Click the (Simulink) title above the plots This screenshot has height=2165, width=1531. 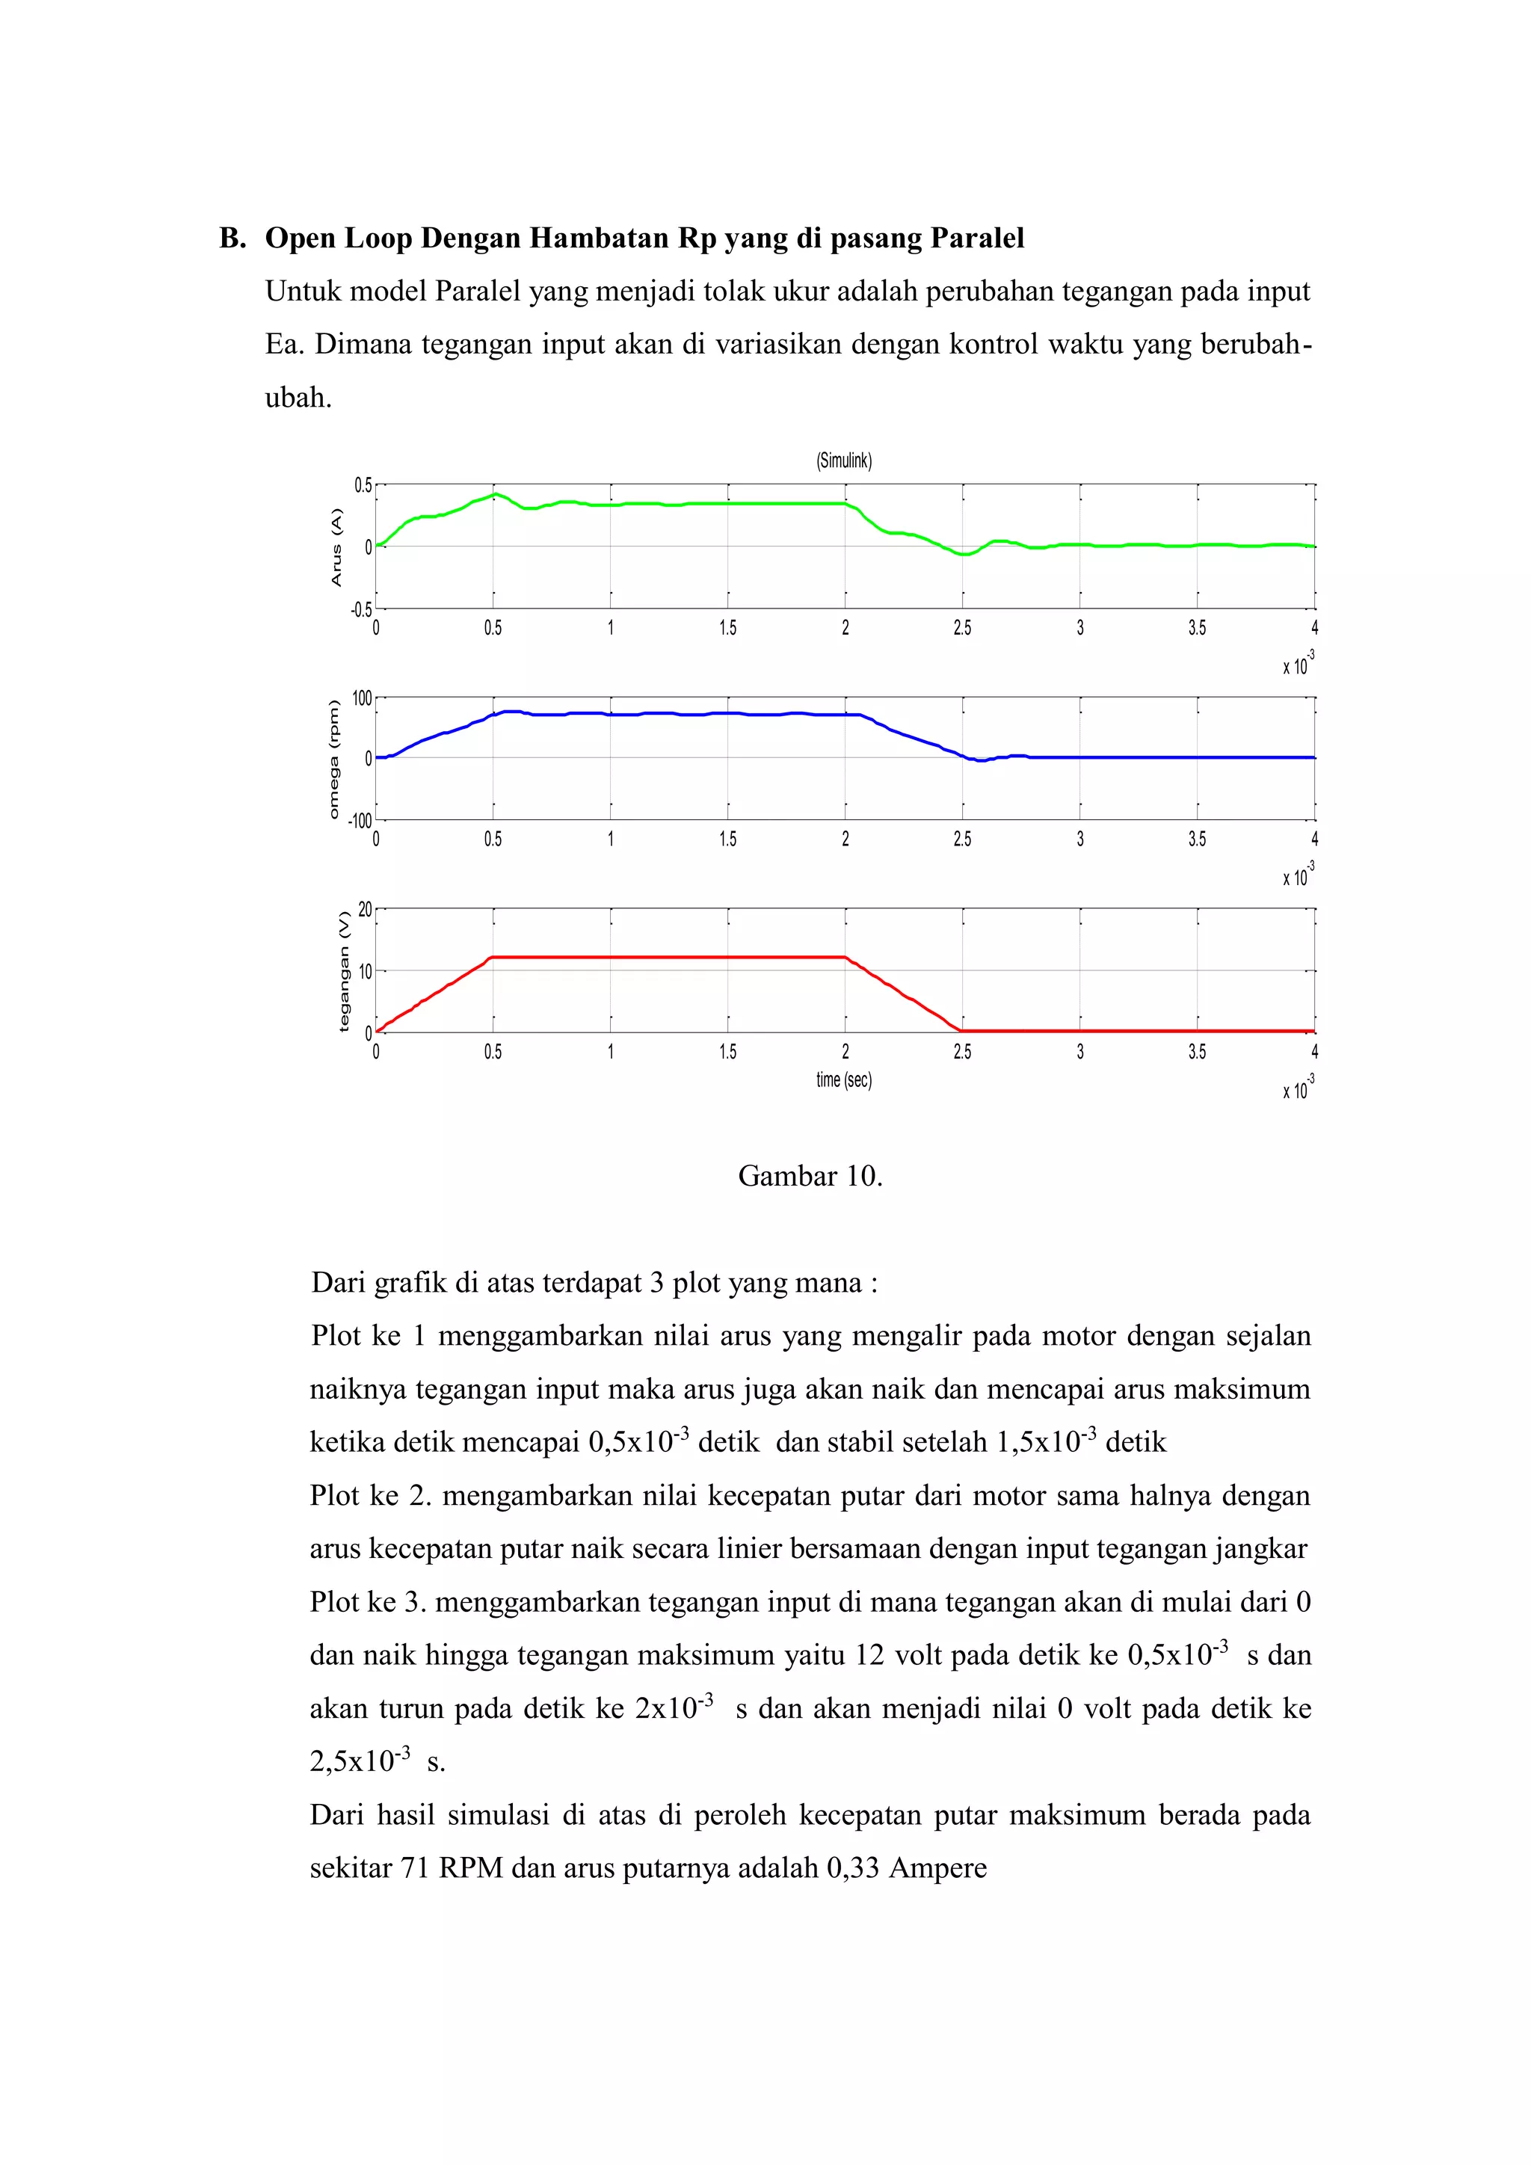[844, 461]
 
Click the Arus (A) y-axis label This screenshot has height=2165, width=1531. [336, 547]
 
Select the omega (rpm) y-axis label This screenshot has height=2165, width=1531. [333, 759]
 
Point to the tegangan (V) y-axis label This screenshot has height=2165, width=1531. [343, 971]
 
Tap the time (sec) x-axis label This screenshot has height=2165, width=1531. [844, 1080]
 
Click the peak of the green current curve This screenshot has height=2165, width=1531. [495, 493]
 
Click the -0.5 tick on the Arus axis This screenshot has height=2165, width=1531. [361, 609]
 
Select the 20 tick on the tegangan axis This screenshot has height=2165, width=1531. [365, 910]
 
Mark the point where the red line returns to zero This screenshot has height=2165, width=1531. [961, 1031]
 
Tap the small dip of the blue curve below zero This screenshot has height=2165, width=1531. [981, 760]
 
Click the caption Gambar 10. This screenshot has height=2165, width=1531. [810, 1176]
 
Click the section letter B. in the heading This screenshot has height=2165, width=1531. [232, 238]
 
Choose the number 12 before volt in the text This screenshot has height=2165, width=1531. [869, 1655]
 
